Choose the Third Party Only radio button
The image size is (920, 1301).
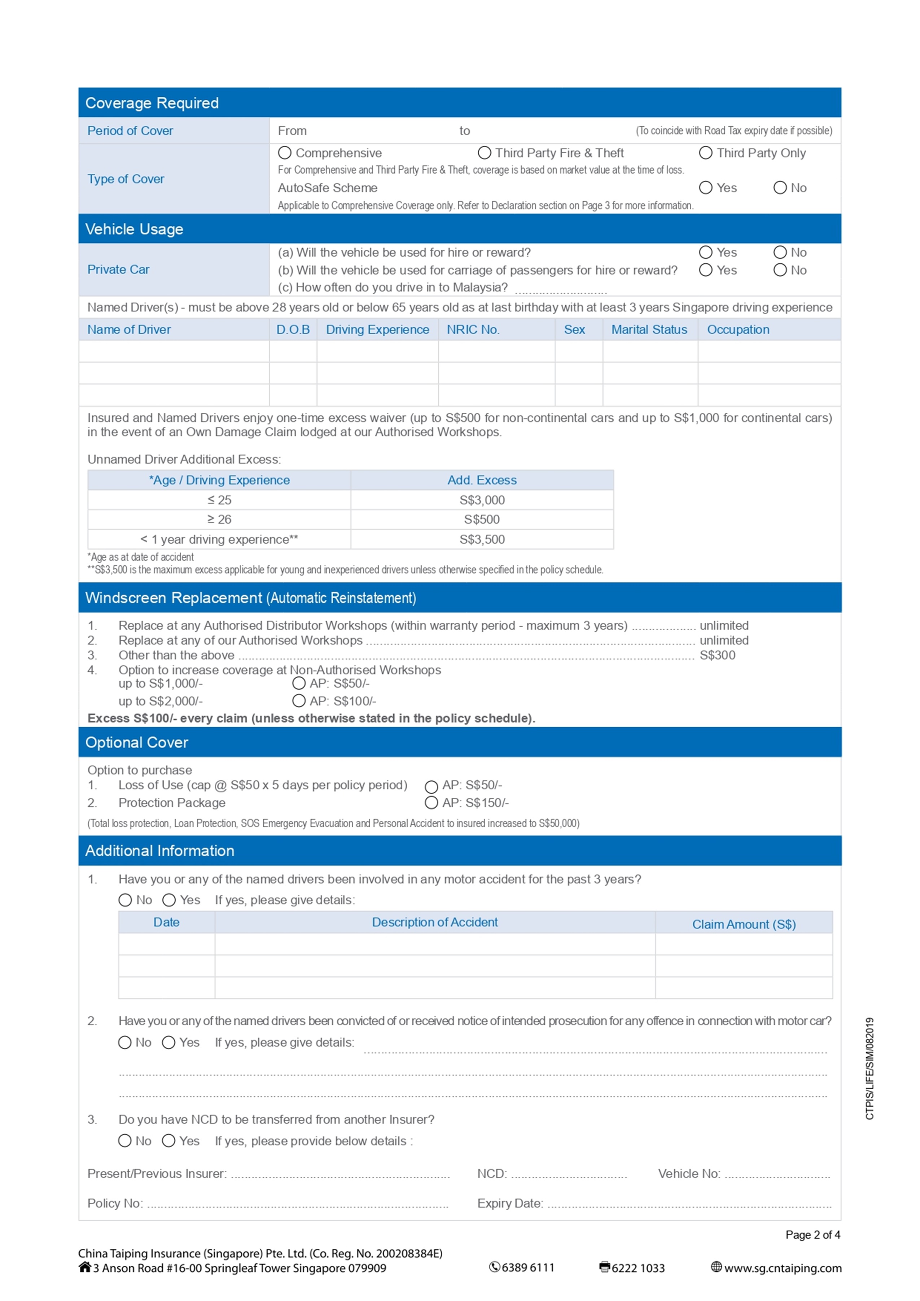[705, 153]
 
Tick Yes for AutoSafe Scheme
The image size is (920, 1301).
[705, 188]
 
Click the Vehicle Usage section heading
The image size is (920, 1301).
[134, 229]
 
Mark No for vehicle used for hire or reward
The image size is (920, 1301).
[780, 252]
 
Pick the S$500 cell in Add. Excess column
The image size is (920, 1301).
[482, 520]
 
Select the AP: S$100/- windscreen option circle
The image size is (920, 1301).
[298, 701]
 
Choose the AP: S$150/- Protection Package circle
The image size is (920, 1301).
[431, 803]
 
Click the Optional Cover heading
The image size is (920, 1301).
[136, 742]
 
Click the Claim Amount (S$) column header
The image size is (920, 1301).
[744, 924]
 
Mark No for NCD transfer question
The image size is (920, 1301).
[124, 1141]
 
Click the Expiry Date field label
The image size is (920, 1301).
[510, 1203]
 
